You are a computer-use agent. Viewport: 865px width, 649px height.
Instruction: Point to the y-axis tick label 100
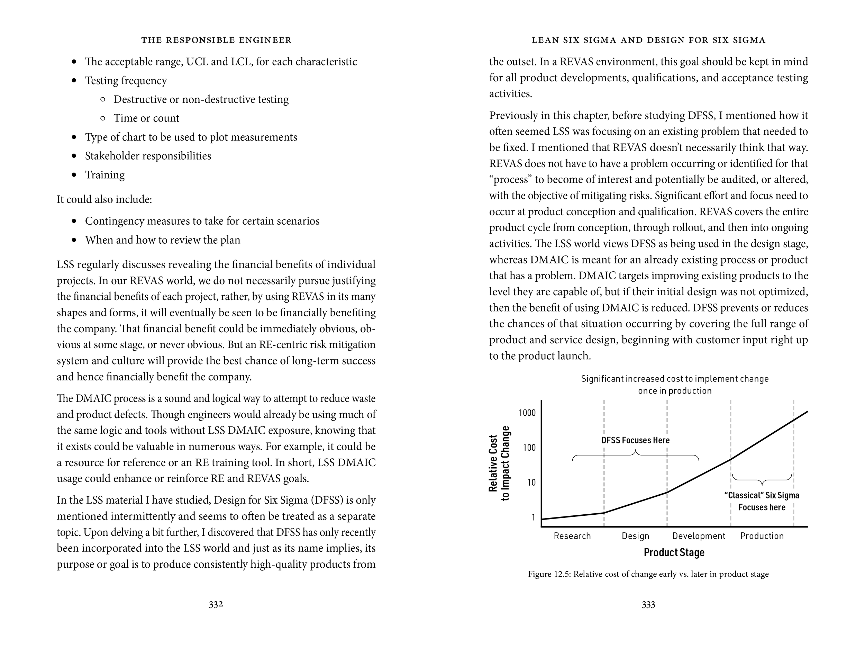(x=529, y=448)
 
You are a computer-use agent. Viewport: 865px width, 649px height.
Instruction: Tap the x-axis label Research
(x=572, y=536)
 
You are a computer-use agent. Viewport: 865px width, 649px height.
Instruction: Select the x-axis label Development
(x=699, y=536)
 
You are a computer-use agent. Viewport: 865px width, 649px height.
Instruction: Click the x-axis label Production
(x=762, y=536)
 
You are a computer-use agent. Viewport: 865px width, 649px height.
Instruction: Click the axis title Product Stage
(x=674, y=552)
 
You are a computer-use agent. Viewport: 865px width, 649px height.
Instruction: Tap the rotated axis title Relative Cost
(x=493, y=463)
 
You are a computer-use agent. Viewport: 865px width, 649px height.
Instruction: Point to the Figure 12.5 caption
(x=648, y=574)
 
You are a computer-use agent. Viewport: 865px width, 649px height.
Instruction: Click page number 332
(x=216, y=605)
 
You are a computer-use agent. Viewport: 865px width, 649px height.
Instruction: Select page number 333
(x=648, y=605)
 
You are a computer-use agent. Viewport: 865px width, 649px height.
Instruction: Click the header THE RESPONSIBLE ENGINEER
(x=216, y=40)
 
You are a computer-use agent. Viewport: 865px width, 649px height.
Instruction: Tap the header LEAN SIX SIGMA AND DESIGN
(x=648, y=40)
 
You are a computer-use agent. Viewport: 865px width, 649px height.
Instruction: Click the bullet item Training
(x=105, y=175)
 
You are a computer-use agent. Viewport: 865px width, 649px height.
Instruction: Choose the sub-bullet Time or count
(x=146, y=118)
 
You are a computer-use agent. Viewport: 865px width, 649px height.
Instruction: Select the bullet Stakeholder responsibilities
(x=148, y=156)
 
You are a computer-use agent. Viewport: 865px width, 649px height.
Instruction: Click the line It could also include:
(x=104, y=199)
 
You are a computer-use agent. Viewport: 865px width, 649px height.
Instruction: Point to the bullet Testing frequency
(x=126, y=81)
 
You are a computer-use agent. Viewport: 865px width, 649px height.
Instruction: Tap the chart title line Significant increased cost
(x=675, y=379)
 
